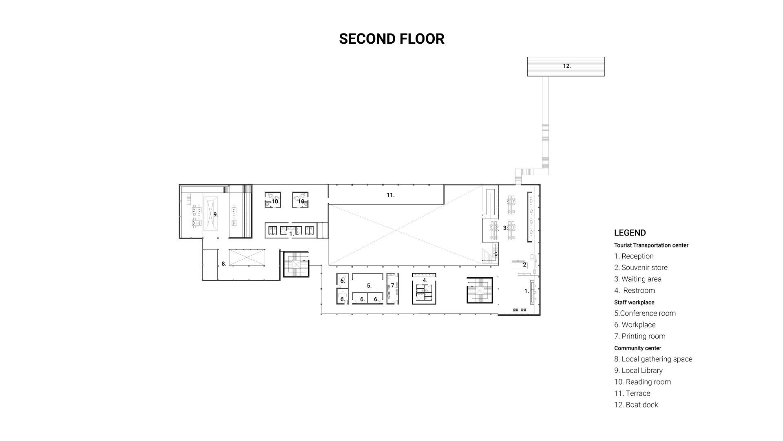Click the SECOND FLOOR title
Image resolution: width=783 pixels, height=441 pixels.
point(391,39)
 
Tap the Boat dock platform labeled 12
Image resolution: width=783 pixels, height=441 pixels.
point(566,67)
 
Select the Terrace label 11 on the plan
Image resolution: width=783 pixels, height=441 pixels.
point(391,195)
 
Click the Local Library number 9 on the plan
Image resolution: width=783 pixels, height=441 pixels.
point(216,214)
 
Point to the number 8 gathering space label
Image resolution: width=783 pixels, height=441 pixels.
point(223,264)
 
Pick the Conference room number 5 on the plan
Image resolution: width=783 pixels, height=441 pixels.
point(369,286)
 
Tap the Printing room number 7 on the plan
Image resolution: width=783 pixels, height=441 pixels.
point(393,286)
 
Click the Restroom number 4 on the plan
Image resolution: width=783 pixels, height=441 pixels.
point(425,281)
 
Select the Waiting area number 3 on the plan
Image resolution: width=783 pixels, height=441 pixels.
point(505,228)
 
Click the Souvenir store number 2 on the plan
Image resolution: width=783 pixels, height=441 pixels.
point(525,265)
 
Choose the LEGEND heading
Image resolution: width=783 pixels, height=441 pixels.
point(630,233)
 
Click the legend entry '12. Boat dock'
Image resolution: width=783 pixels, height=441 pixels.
point(636,405)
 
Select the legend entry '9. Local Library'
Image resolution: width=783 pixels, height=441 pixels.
point(639,370)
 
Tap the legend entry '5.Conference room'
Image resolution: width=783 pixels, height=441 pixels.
point(645,313)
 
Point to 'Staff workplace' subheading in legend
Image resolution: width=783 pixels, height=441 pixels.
point(634,303)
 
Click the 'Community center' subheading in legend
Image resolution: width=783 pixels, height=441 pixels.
point(638,348)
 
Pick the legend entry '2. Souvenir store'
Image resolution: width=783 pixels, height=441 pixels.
point(641,267)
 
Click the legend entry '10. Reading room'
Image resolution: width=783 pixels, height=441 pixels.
point(643,382)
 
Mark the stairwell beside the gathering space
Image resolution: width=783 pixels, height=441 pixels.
point(296,264)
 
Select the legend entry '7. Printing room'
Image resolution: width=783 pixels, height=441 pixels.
point(640,336)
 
